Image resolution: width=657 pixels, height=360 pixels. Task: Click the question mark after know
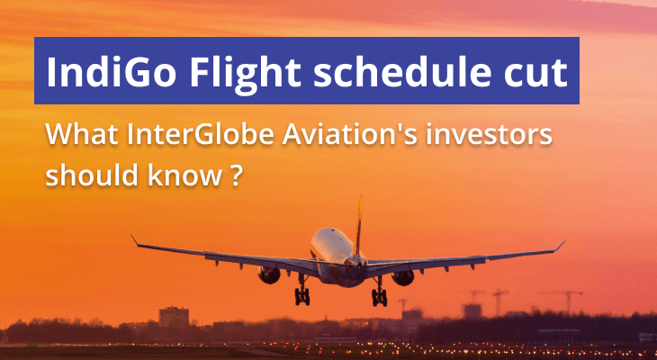[x=231, y=173]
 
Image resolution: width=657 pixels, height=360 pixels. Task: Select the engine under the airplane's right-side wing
[x=402, y=276]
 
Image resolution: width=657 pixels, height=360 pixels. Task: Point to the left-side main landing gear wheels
[x=303, y=295]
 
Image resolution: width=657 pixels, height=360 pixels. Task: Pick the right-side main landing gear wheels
[x=379, y=297]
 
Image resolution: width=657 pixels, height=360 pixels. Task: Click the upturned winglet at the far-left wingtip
[x=134, y=239]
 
